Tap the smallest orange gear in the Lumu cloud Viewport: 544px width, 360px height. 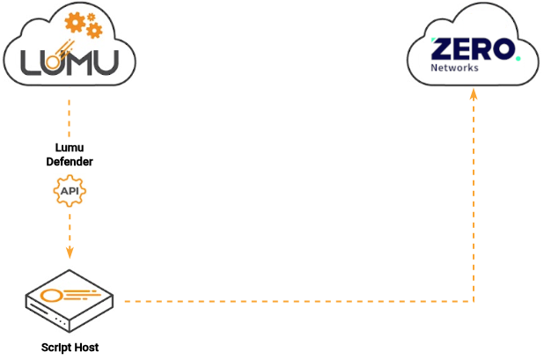92,12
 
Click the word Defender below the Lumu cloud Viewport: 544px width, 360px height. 70,162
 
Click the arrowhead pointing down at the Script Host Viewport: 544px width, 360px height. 70,253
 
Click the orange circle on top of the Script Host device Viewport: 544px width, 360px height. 51,294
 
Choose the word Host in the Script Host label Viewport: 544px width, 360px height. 86,348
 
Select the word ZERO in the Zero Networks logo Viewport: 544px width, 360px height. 471,49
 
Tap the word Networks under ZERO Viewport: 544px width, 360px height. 454,68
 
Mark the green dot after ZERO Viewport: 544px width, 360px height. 518,58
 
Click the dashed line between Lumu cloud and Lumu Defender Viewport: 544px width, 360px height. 70,114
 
